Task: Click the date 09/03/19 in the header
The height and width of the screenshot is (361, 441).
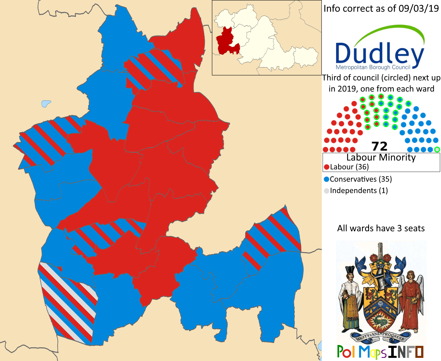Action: pyautogui.click(x=419, y=9)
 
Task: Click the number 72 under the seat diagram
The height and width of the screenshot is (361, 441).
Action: pyautogui.click(x=380, y=146)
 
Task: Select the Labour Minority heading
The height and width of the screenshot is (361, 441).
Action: pyautogui.click(x=381, y=157)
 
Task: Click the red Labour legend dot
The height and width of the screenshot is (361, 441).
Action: pyautogui.click(x=327, y=167)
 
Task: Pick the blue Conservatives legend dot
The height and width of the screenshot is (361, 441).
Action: pyautogui.click(x=327, y=179)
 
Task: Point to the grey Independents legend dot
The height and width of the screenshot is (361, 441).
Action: pyautogui.click(x=327, y=191)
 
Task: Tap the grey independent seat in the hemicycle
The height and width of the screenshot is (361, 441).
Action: pyautogui.click(x=437, y=149)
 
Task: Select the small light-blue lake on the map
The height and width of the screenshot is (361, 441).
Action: pyautogui.click(x=46, y=103)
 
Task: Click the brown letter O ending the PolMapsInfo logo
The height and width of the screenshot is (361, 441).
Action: pyautogui.click(x=419, y=352)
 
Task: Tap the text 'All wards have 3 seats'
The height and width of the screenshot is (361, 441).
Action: pyautogui.click(x=381, y=228)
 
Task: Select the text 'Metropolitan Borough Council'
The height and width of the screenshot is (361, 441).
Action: pyautogui.click(x=373, y=67)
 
